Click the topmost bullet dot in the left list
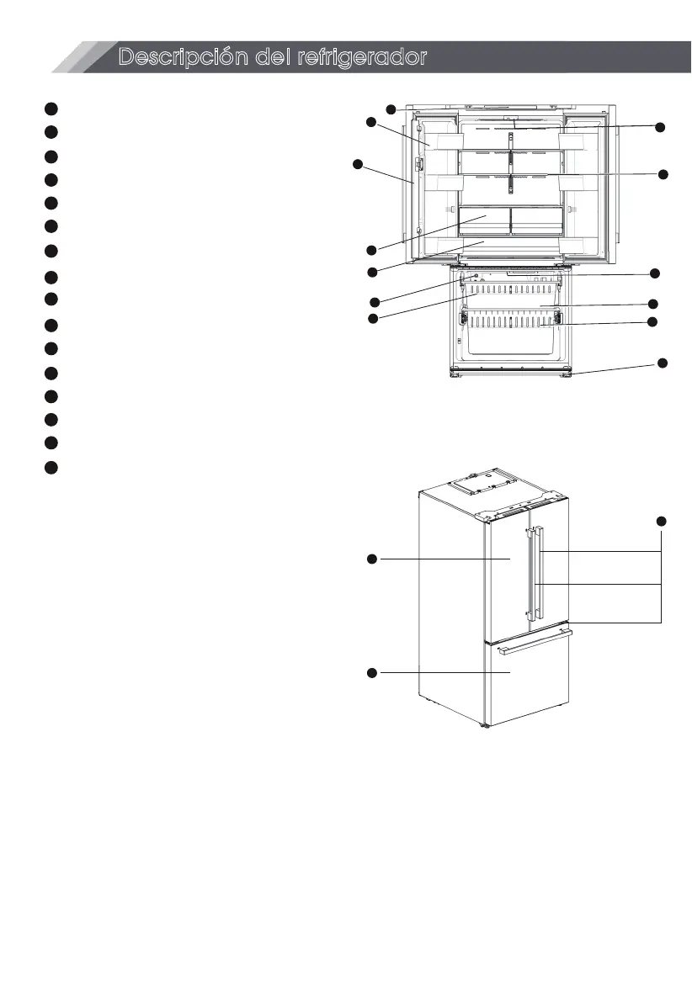(51, 109)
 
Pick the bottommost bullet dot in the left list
(51, 467)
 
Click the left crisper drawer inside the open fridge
(484, 220)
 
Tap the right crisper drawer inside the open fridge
(536, 220)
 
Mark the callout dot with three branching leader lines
(662, 521)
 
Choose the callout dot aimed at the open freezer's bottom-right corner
(662, 363)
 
